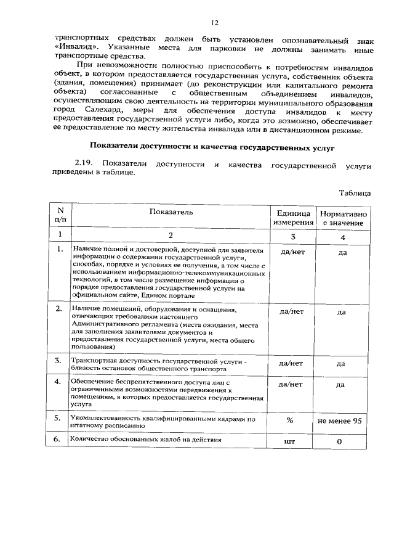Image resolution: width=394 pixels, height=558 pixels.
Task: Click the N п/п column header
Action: pyautogui.click(x=60, y=216)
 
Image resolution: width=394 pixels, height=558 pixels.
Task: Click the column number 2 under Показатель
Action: pyautogui.click(x=171, y=235)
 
